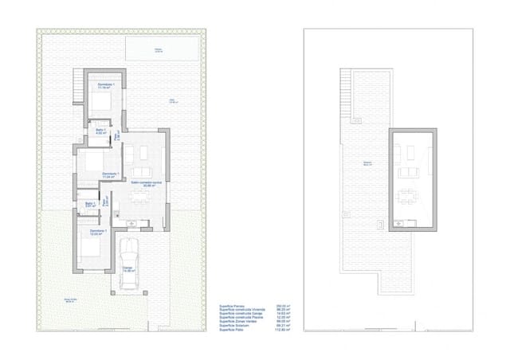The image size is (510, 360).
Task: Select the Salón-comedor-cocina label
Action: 146,183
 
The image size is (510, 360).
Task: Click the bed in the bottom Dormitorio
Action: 91,248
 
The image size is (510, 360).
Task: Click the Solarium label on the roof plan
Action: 367,162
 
